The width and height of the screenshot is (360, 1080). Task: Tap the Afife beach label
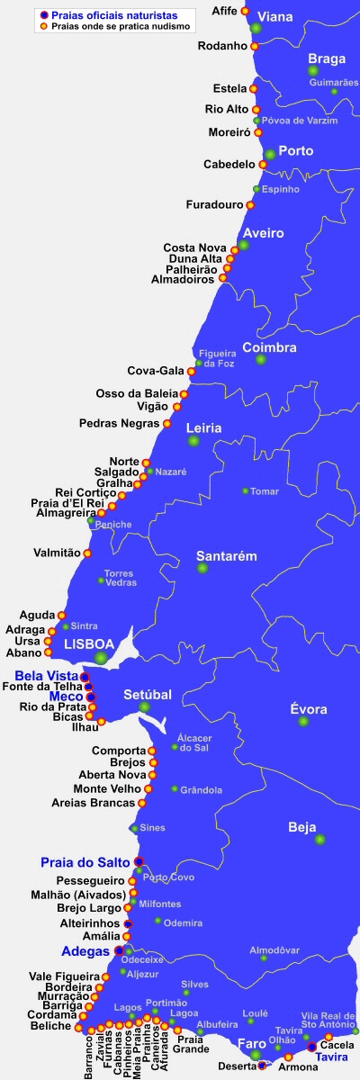click(x=223, y=11)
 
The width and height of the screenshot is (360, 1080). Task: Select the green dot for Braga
click(x=313, y=70)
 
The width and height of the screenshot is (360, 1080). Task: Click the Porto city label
click(x=295, y=150)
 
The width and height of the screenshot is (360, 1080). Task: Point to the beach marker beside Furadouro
click(x=250, y=205)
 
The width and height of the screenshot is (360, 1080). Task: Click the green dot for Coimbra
click(x=261, y=359)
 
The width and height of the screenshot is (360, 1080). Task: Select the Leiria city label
click(x=204, y=428)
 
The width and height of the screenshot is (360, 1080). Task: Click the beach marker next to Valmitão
click(x=87, y=553)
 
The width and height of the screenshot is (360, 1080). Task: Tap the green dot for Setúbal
click(x=145, y=707)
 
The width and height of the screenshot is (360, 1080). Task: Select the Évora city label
click(x=309, y=709)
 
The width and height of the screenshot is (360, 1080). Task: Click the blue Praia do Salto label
click(x=85, y=862)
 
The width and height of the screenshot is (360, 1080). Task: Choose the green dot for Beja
click(x=319, y=839)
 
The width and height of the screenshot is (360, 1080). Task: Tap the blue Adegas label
click(x=85, y=950)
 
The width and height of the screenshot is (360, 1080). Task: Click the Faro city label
click(x=250, y=1044)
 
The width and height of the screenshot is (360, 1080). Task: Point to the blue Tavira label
click(x=332, y=1057)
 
